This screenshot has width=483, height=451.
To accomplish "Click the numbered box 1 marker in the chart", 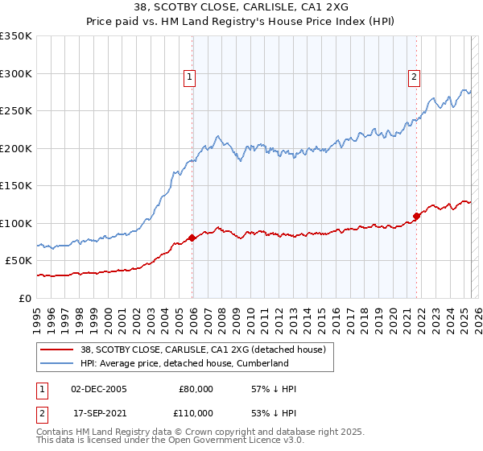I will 189,78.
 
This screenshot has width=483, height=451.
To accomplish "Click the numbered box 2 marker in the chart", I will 414,78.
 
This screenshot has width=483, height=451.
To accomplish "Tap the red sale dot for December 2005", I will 192,238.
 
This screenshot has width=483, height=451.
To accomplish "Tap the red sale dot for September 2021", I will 417,216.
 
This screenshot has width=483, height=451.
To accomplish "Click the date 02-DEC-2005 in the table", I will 99,389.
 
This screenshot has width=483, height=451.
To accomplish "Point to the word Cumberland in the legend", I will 261,363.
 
